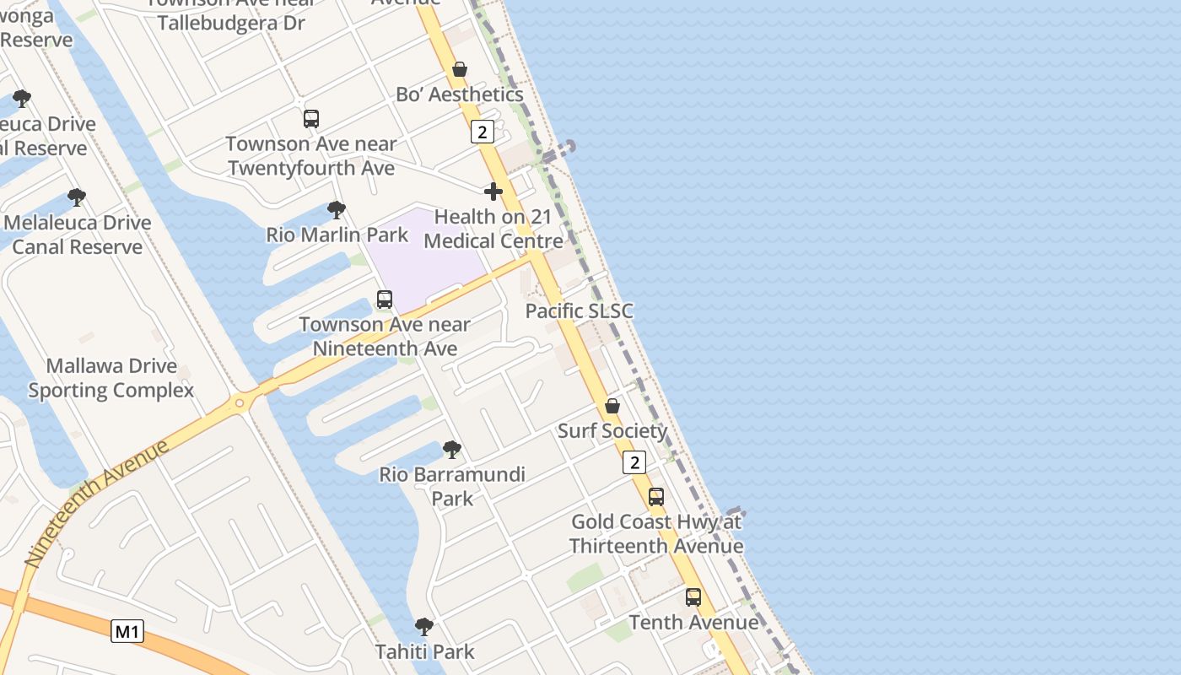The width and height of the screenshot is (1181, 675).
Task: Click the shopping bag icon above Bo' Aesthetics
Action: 460,69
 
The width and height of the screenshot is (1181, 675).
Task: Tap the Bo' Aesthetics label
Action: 460,94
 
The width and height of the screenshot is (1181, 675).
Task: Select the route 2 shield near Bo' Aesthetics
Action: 482,132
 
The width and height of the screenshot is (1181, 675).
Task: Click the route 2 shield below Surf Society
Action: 634,462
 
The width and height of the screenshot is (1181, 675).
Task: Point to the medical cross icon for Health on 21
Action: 493,192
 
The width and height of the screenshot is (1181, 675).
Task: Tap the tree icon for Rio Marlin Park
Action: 337,209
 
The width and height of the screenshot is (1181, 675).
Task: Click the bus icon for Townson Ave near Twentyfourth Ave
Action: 311,119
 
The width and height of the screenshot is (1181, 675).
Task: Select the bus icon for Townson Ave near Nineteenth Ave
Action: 385,300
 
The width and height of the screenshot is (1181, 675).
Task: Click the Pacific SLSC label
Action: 579,310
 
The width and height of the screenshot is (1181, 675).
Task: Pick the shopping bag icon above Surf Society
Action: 612,406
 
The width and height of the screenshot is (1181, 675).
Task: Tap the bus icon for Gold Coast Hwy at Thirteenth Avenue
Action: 656,497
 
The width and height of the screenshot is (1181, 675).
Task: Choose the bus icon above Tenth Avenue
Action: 693,597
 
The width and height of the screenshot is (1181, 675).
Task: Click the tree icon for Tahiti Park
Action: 424,627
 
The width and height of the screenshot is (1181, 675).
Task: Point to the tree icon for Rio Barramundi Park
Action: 452,450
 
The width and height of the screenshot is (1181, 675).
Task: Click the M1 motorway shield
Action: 127,630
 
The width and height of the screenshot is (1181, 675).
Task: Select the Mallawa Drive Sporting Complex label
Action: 111,378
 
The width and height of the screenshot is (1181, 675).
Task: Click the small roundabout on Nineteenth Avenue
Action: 240,402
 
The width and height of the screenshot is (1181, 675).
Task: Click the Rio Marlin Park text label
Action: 337,235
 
